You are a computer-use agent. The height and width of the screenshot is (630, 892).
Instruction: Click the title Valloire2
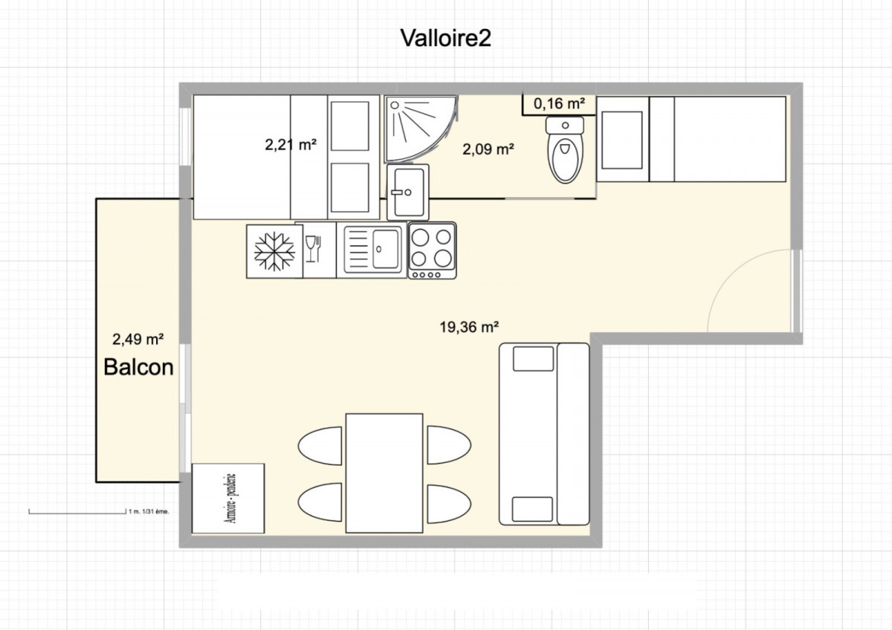pyautogui.click(x=445, y=38)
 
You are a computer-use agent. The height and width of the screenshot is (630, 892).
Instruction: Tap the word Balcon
pyautogui.click(x=138, y=367)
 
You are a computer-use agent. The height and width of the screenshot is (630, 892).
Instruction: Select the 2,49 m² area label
pyautogui.click(x=138, y=340)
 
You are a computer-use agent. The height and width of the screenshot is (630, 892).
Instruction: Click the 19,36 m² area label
pyautogui.click(x=469, y=327)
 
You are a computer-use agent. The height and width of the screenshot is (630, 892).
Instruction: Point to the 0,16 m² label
pyautogui.click(x=559, y=103)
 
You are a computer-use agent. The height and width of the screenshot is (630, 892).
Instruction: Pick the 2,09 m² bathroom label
pyautogui.click(x=488, y=149)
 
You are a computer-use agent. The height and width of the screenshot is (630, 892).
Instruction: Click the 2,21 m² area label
pyautogui.click(x=291, y=144)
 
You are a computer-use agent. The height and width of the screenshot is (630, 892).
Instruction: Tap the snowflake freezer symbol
pyautogui.click(x=275, y=252)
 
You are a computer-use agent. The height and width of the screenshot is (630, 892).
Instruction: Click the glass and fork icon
pyautogui.click(x=314, y=249)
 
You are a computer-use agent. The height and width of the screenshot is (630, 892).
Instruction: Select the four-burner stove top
pyautogui.click(x=432, y=250)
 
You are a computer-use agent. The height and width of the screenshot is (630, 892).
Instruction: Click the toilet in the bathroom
pyautogui.click(x=565, y=149)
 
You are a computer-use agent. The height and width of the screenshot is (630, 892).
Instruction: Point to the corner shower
pyautogui.click(x=421, y=129)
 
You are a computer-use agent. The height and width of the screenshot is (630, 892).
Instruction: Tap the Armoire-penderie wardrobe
pyautogui.click(x=228, y=499)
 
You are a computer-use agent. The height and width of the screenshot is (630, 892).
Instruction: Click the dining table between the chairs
pyautogui.click(x=384, y=472)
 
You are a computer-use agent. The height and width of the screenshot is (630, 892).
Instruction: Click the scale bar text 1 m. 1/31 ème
pyautogui.click(x=149, y=512)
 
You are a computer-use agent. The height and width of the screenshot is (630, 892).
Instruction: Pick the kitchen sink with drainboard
pyautogui.click(x=373, y=250)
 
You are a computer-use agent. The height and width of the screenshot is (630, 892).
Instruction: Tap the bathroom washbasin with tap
pyautogui.click(x=408, y=192)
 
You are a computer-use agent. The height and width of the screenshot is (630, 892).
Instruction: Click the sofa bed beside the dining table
pyautogui.click(x=544, y=434)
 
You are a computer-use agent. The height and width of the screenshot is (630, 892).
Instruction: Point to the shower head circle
pyautogui.click(x=395, y=105)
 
